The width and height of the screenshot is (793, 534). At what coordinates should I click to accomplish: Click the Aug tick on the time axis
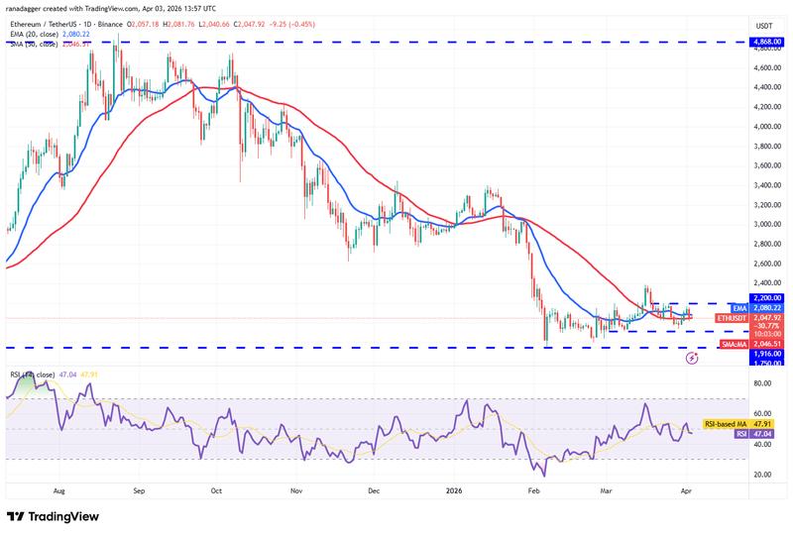(60, 489)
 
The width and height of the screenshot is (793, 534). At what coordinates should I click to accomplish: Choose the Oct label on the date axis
(217, 489)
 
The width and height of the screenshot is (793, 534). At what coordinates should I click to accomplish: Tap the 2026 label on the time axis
(454, 489)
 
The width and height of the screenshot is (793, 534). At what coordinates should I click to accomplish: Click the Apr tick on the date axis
(688, 489)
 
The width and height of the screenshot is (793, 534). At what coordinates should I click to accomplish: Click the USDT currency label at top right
(764, 26)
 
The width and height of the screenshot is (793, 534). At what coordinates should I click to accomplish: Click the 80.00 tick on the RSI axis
(762, 382)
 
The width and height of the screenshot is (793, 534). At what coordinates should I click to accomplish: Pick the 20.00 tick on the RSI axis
(762, 475)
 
